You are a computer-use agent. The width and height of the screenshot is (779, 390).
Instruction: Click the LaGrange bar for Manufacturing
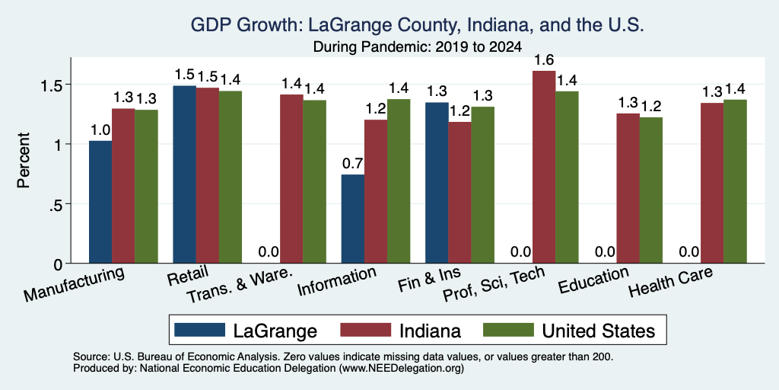[x=100, y=202]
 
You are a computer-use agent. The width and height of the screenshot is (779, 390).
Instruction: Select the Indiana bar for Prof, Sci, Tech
[x=544, y=167]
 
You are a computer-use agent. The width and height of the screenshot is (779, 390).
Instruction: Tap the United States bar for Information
[x=399, y=181]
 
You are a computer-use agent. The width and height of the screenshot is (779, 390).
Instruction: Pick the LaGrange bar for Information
[x=353, y=219]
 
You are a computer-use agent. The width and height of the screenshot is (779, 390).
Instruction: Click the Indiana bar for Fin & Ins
[x=459, y=193]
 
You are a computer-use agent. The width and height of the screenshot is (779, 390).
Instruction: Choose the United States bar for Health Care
[x=736, y=181]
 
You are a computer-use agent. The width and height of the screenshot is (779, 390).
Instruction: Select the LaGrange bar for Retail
[x=184, y=174]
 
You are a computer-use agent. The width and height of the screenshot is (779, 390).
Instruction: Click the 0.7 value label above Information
[x=353, y=163]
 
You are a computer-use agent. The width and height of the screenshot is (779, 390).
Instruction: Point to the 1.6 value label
[x=544, y=60]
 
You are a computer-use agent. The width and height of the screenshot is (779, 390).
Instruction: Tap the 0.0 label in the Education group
[x=605, y=251]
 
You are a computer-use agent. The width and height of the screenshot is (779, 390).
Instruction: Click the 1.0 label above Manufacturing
[x=100, y=129]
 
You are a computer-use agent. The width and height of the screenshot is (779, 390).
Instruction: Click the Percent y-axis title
[x=24, y=160]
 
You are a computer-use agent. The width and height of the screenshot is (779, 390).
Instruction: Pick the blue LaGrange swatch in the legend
[x=200, y=330]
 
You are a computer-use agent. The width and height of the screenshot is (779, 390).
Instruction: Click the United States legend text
[x=598, y=331]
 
